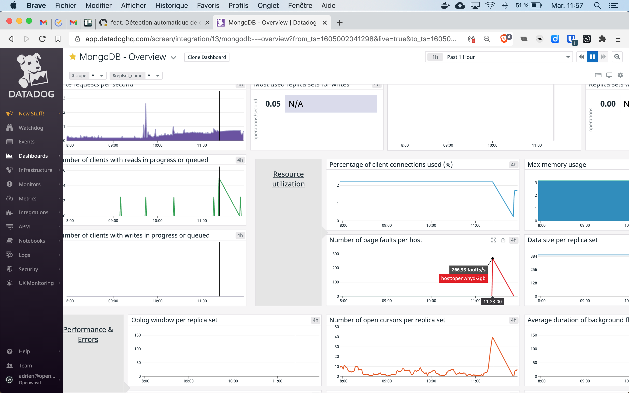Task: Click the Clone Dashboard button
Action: click(207, 57)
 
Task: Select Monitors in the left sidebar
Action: click(29, 184)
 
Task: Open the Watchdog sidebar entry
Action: click(31, 128)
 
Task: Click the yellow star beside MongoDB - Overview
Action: click(72, 57)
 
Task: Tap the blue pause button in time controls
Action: click(592, 57)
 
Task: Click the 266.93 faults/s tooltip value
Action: click(468, 269)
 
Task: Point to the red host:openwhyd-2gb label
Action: click(463, 278)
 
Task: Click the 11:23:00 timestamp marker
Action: click(492, 302)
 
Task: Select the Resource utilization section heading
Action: click(288, 179)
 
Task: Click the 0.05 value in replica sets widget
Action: click(273, 104)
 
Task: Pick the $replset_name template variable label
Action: click(127, 76)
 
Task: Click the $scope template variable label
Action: click(79, 76)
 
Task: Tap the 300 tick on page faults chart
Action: click(336, 254)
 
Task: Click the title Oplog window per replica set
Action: click(174, 320)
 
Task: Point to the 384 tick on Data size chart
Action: click(534, 256)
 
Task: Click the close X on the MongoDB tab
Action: click(325, 23)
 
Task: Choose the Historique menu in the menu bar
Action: click(171, 5)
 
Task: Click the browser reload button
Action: click(42, 39)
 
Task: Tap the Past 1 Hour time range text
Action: click(461, 57)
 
